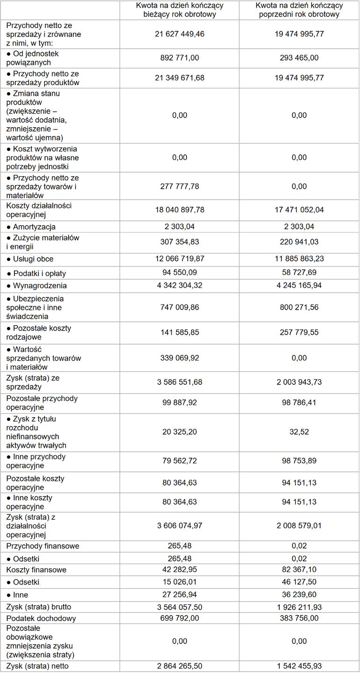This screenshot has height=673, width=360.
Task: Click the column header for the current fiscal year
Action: point(180,10)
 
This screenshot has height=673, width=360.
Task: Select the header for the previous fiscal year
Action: point(299,10)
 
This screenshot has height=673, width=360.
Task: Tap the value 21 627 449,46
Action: point(180,34)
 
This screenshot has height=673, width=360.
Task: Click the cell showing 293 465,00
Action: point(299,58)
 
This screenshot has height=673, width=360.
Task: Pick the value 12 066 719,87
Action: point(180,259)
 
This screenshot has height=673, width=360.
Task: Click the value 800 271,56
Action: point(299,307)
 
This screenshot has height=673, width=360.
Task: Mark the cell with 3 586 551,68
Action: point(180,382)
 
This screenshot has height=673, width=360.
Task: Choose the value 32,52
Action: point(299,432)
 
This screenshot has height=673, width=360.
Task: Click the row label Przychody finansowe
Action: point(43,546)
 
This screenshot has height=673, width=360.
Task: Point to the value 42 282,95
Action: point(180,570)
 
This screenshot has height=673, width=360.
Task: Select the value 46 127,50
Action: point(299,582)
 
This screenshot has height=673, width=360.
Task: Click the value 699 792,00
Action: point(180,618)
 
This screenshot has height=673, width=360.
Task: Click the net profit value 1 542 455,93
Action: point(299,666)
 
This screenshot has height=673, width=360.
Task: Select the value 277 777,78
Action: point(180,186)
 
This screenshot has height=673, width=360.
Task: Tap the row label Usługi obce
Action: point(33,259)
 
